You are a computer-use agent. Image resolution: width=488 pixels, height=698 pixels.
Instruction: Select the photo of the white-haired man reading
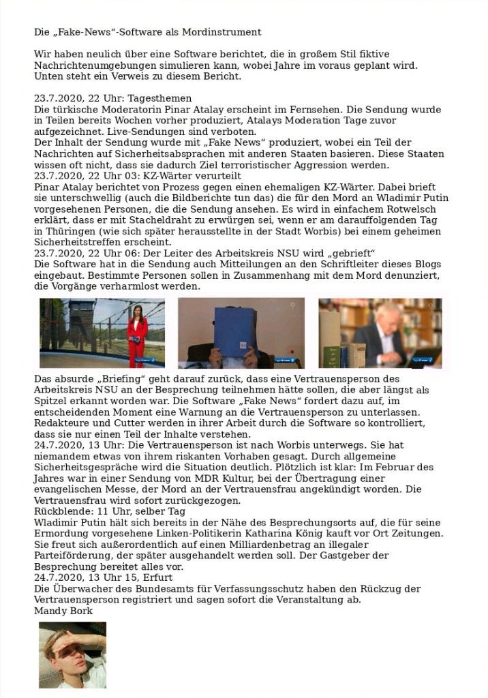coord(380,333)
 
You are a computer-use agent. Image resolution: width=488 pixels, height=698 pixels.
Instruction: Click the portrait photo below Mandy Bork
coord(72,654)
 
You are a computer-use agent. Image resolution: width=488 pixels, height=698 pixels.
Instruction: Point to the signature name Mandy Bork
coord(63,610)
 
